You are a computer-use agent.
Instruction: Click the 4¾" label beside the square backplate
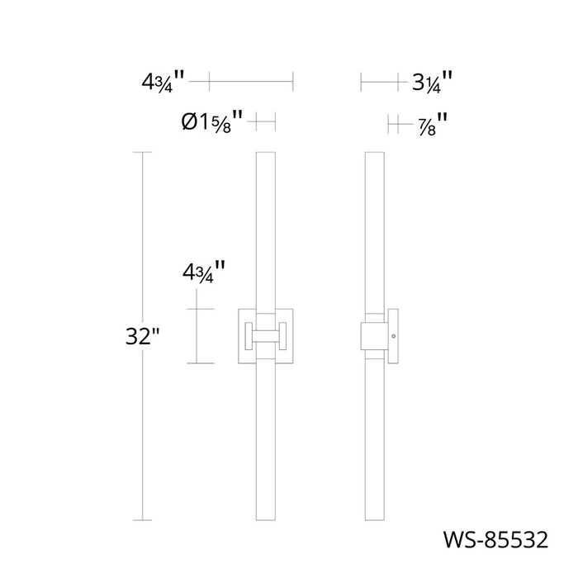[203, 272]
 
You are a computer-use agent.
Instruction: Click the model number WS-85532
[496, 541]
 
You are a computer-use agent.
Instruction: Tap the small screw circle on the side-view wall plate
[393, 336]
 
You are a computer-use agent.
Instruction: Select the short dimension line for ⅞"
[399, 125]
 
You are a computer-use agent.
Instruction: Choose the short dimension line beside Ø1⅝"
[263, 123]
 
